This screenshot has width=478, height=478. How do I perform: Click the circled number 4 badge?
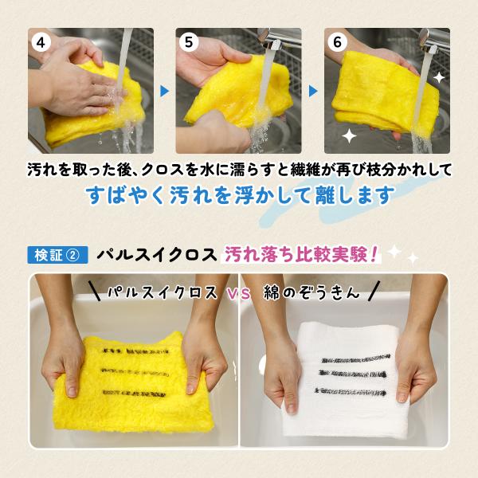(41, 42)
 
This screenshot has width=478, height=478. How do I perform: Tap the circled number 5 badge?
(189, 41)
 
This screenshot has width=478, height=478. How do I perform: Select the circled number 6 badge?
(337, 41)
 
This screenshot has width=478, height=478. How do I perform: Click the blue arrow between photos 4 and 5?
(164, 91)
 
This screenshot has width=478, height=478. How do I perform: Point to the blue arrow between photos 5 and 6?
(313, 91)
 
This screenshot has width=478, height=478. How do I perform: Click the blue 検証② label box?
(57, 255)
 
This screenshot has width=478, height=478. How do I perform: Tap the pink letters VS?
(239, 294)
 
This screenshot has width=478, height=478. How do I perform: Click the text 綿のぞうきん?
(311, 293)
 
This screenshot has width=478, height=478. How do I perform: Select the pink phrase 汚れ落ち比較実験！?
(301, 254)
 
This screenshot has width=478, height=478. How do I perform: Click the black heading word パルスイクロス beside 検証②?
(156, 255)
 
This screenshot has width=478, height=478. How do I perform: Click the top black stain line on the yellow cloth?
(135, 351)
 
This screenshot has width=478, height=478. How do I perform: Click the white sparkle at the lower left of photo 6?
(349, 136)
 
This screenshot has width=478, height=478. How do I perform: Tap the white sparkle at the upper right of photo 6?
(439, 78)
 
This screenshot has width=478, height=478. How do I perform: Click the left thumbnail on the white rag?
(290, 408)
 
